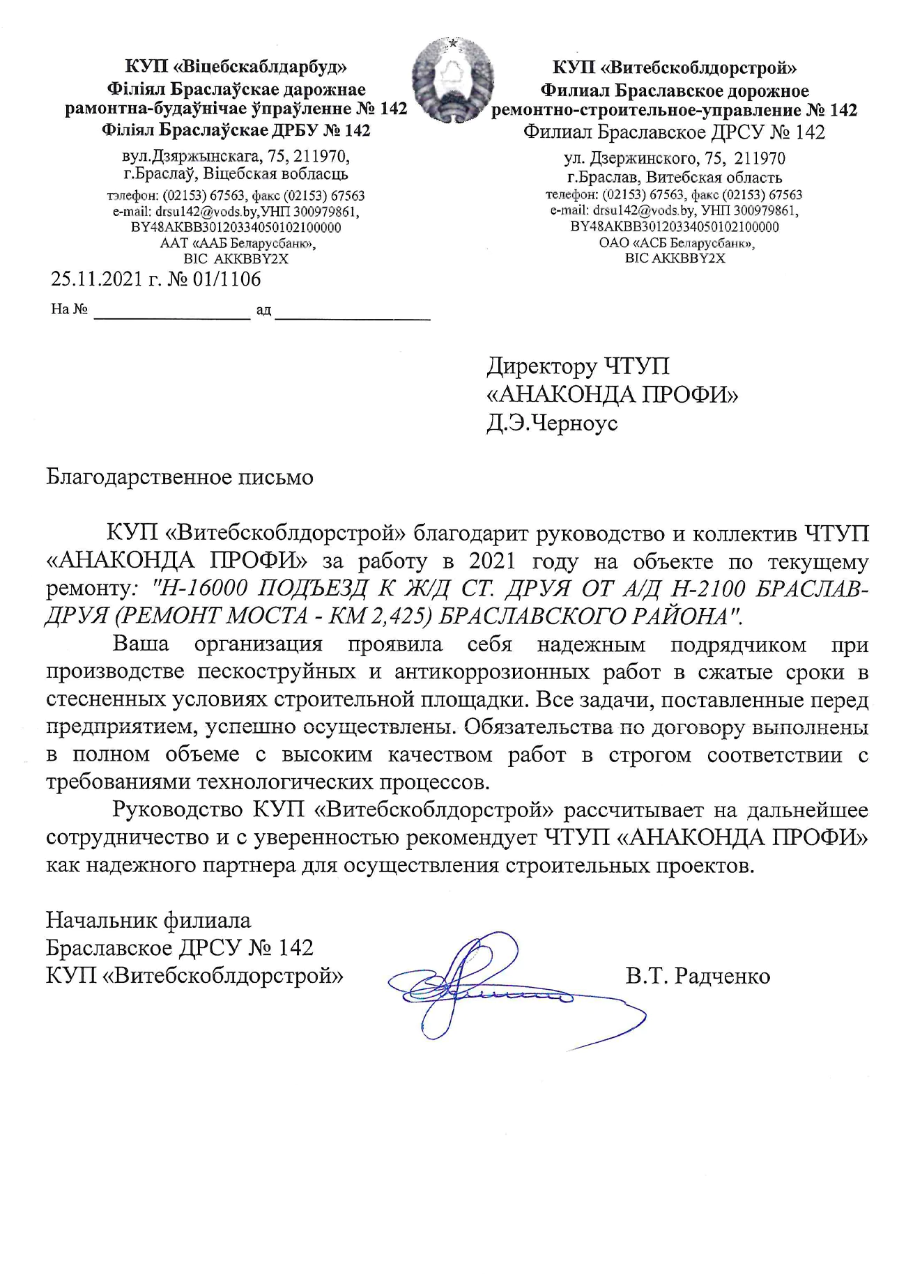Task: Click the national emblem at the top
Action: [x=448, y=80]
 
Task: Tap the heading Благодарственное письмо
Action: [x=179, y=477]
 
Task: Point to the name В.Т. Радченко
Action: [x=698, y=975]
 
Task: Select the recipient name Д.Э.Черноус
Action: [x=551, y=423]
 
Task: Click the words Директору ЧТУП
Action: [x=578, y=366]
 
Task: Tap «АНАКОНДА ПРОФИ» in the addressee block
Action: [x=612, y=395]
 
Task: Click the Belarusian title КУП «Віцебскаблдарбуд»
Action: [x=236, y=68]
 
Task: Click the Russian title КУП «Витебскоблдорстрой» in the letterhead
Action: [x=675, y=68]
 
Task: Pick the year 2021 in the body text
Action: [x=493, y=561]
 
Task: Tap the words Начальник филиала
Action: [x=148, y=920]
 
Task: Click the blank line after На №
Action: [x=171, y=311]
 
